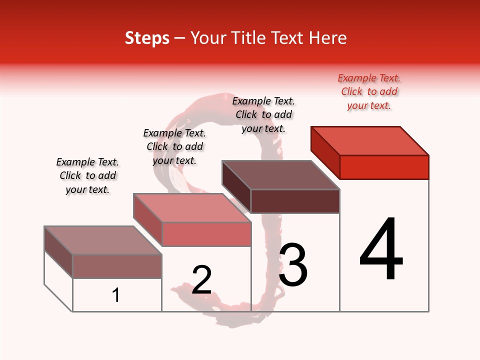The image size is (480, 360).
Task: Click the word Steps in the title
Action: tap(147, 38)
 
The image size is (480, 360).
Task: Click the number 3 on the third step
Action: tap(293, 265)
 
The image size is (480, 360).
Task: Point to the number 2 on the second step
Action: tap(202, 279)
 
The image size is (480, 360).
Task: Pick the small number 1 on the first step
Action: tap(116, 295)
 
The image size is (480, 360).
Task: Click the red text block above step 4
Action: tap(369, 91)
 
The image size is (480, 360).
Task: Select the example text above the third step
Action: tap(263, 114)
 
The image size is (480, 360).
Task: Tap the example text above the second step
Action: tap(174, 146)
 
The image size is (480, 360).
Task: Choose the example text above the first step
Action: tap(87, 175)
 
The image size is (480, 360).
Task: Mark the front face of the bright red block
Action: tap(384, 167)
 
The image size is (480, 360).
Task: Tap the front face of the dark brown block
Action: tap(295, 201)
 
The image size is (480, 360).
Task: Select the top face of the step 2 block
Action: tap(192, 207)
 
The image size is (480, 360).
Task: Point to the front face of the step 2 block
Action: tap(206, 234)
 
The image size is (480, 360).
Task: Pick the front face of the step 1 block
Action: tap(117, 266)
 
